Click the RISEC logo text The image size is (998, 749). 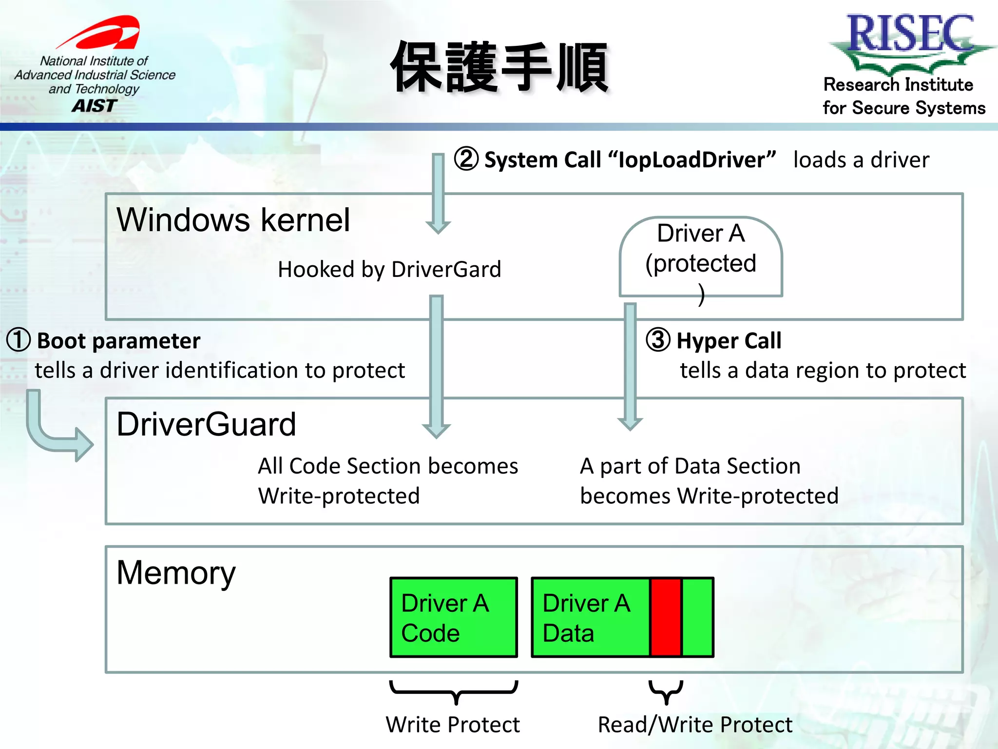(910, 33)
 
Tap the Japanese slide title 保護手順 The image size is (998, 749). (500, 67)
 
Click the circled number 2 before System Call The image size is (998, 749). (466, 159)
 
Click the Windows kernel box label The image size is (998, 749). (233, 220)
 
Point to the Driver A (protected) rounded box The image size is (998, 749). (700, 257)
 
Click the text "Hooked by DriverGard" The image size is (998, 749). (389, 269)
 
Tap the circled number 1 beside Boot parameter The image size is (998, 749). (19, 340)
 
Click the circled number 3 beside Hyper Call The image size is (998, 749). (658, 340)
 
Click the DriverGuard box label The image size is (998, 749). (206, 424)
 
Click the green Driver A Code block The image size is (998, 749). (453, 617)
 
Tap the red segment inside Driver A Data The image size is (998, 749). (666, 617)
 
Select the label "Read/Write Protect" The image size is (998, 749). (695, 725)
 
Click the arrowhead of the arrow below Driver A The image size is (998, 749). (630, 423)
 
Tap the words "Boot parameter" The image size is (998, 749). (118, 340)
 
